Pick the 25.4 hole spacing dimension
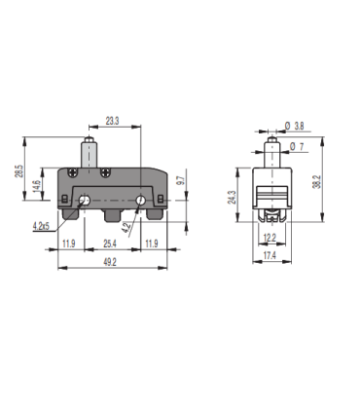(110, 243)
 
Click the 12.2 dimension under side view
(270, 237)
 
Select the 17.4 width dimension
(270, 254)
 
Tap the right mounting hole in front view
(140, 201)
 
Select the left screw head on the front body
(78, 172)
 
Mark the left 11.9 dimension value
(68, 243)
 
